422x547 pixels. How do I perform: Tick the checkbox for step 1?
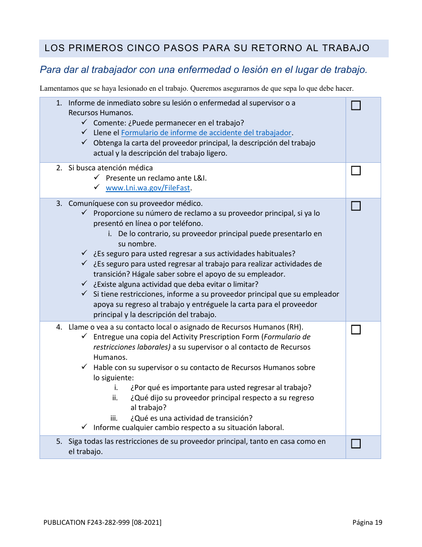click(356, 106)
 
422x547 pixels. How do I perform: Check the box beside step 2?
click(356, 171)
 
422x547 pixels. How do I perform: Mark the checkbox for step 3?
click(356, 206)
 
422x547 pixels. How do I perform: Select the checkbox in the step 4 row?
click(356, 330)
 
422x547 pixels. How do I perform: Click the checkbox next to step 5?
click(356, 443)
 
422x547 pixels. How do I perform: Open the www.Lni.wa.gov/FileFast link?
click(148, 188)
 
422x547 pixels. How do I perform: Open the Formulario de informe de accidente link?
click(206, 133)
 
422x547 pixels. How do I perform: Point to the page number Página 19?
click(367, 523)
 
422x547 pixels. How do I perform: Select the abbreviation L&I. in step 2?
click(199, 178)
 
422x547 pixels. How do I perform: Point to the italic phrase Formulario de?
click(287, 337)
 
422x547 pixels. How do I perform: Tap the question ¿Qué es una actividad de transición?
click(191, 418)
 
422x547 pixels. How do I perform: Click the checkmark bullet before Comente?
click(84, 122)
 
